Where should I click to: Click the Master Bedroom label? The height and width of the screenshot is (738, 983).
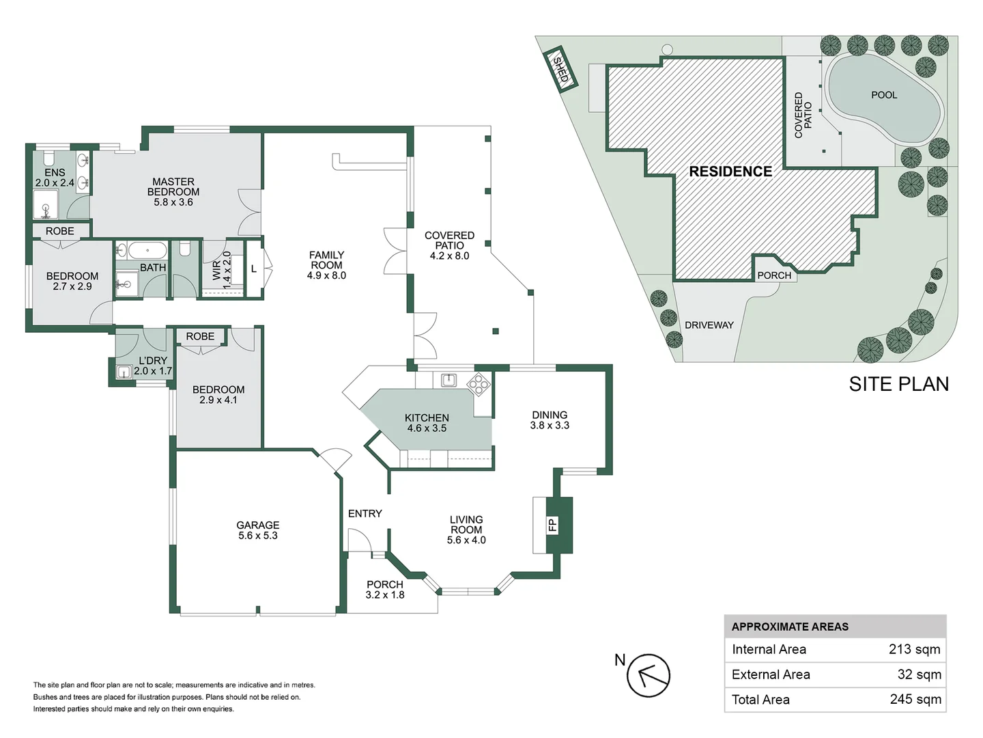[173, 187]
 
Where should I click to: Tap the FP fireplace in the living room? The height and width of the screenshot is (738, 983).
[552, 525]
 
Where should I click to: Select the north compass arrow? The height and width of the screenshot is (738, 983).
[648, 675]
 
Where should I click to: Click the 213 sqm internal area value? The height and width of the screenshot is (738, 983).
[914, 649]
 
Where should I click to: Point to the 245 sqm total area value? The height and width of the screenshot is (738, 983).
[915, 699]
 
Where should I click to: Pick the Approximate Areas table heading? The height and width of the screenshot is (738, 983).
[790, 627]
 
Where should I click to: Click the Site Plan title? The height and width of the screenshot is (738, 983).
[898, 384]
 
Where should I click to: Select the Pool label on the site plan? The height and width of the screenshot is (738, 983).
[884, 95]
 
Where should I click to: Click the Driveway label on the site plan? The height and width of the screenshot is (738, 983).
[709, 325]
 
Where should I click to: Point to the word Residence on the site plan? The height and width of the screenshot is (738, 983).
[730, 172]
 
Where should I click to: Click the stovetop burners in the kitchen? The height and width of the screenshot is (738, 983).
[479, 384]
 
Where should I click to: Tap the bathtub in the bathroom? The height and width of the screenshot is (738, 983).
[147, 250]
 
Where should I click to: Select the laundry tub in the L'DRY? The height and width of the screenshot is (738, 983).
[124, 372]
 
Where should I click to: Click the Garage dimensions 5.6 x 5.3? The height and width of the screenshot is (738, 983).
[258, 536]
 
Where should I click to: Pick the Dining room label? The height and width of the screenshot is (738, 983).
[550, 415]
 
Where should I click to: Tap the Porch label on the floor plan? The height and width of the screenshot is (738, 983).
[385, 584]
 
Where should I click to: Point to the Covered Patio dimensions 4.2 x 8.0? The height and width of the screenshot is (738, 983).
[449, 256]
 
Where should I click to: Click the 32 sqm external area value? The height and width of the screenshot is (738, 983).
[919, 674]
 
